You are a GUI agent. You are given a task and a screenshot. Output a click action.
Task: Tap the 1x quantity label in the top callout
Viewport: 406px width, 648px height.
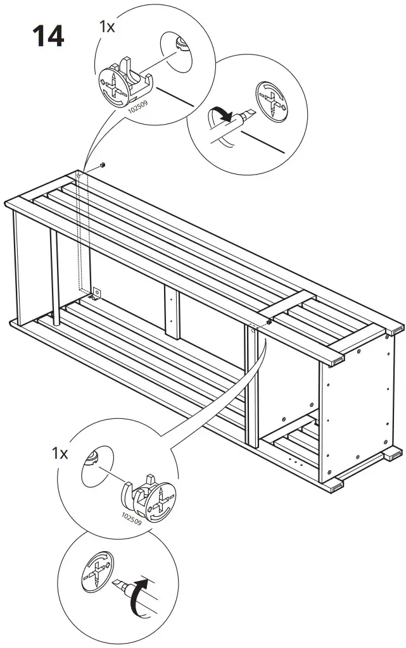pyautogui.click(x=108, y=26)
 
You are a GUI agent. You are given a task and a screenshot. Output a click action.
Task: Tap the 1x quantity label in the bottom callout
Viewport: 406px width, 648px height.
pyautogui.click(x=60, y=453)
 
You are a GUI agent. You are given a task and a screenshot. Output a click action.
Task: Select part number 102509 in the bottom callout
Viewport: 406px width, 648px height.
pyautogui.click(x=130, y=518)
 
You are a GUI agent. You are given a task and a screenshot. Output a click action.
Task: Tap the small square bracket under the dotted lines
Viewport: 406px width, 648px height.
pyautogui.click(x=97, y=293)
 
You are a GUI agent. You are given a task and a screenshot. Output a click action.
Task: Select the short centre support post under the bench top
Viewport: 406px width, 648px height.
pyautogui.click(x=171, y=311)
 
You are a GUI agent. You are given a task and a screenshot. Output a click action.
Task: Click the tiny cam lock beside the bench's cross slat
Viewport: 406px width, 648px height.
pyautogui.click(x=269, y=322)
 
